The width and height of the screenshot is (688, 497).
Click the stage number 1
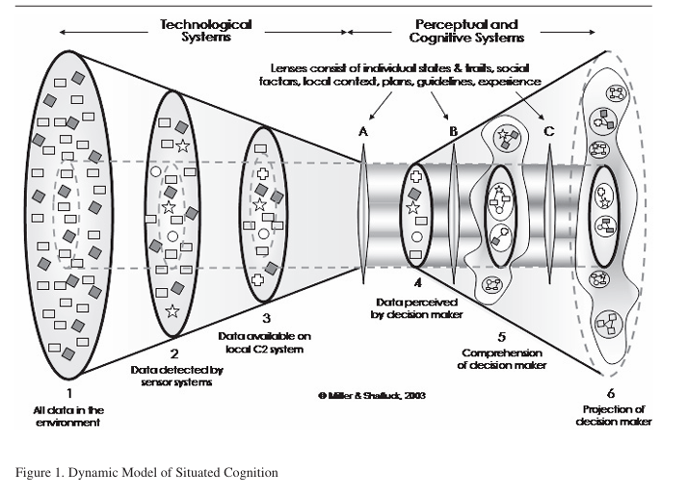pos(68,393)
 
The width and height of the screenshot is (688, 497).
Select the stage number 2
pos(174,353)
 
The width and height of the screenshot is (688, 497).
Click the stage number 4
pos(417,284)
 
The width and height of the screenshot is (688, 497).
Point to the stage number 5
pos(501,336)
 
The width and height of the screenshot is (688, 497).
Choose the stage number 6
pos(611,392)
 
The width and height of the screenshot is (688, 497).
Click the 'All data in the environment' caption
pos(66,416)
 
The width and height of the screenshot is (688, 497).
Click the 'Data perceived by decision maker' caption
pos(417,308)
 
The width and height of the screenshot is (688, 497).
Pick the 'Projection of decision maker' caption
pos(610,415)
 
